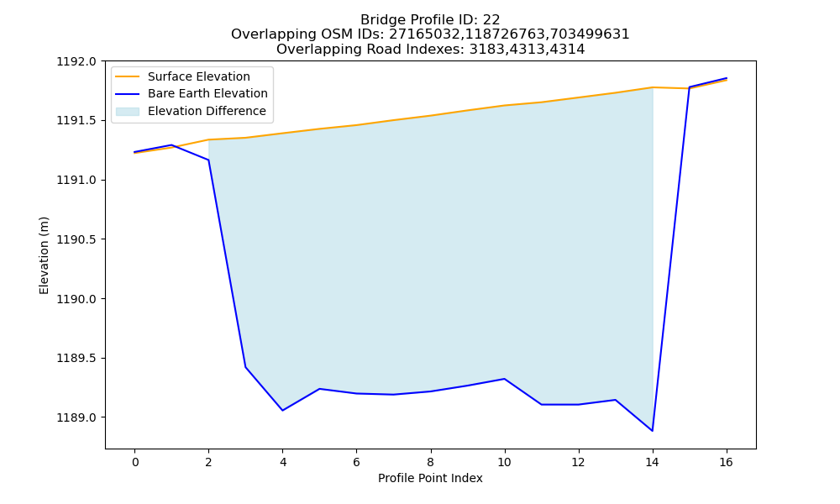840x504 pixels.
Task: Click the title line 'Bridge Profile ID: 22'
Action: (x=430, y=20)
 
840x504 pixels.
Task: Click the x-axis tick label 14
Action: (x=652, y=462)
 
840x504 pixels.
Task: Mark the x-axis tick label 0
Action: (x=135, y=462)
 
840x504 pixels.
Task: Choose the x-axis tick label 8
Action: (x=430, y=462)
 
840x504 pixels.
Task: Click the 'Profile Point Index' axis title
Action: (x=430, y=478)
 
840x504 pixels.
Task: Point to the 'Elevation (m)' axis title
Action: (x=44, y=255)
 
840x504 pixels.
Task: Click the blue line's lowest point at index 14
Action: (x=652, y=431)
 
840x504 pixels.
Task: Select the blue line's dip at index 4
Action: (x=282, y=410)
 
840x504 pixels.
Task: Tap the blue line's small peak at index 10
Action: (x=504, y=379)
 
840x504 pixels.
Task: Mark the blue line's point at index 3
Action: (x=245, y=367)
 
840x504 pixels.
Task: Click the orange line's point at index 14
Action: (x=652, y=87)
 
